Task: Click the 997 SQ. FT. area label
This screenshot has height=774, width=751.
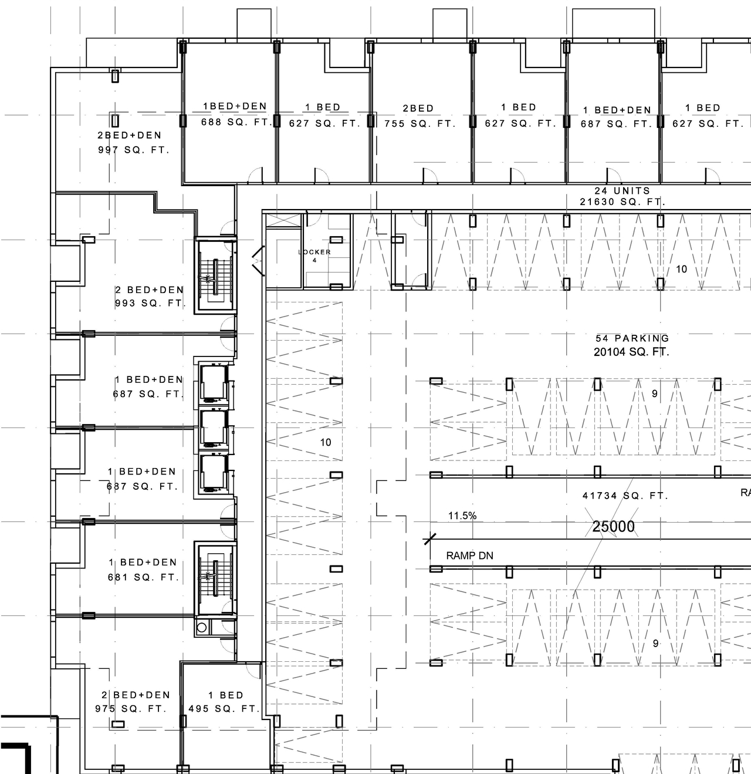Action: point(133,150)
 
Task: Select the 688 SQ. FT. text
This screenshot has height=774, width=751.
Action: point(235,122)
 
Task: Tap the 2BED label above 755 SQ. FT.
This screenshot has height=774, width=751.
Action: point(418,109)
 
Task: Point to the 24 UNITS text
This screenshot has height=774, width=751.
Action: point(622,191)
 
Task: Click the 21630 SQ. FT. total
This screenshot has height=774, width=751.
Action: point(622,202)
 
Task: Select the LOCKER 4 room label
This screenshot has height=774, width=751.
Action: point(314,255)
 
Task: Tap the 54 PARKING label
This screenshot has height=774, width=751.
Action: point(632,338)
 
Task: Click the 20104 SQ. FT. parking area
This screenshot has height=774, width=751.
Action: point(631,352)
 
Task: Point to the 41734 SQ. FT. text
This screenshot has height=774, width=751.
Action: point(625,496)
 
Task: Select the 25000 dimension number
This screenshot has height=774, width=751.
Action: point(613,527)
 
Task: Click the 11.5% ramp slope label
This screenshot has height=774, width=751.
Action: point(462,516)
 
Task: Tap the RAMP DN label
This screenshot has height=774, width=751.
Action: point(469,556)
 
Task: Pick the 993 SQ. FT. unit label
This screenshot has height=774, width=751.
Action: point(150,304)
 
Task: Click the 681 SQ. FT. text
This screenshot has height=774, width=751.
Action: point(143,577)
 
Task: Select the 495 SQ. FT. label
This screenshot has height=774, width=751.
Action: point(224,709)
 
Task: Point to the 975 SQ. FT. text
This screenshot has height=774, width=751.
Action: point(131,709)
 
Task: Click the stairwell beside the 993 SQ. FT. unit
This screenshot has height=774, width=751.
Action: point(215,275)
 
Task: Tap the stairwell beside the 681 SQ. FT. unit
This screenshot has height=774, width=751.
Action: point(215,579)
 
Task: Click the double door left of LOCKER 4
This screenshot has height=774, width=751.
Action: point(258,261)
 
